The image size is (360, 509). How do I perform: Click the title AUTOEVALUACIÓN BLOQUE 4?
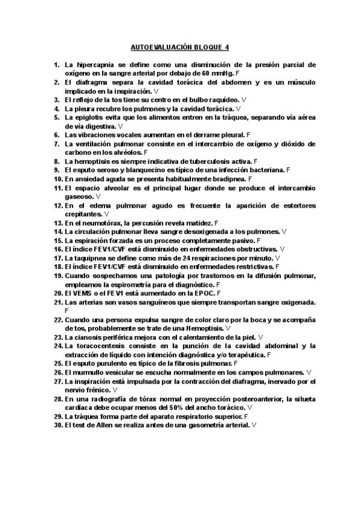tap(179, 46)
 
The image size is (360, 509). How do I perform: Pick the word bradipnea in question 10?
tap(227, 179)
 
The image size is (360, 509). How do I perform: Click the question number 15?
tap(58, 240)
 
